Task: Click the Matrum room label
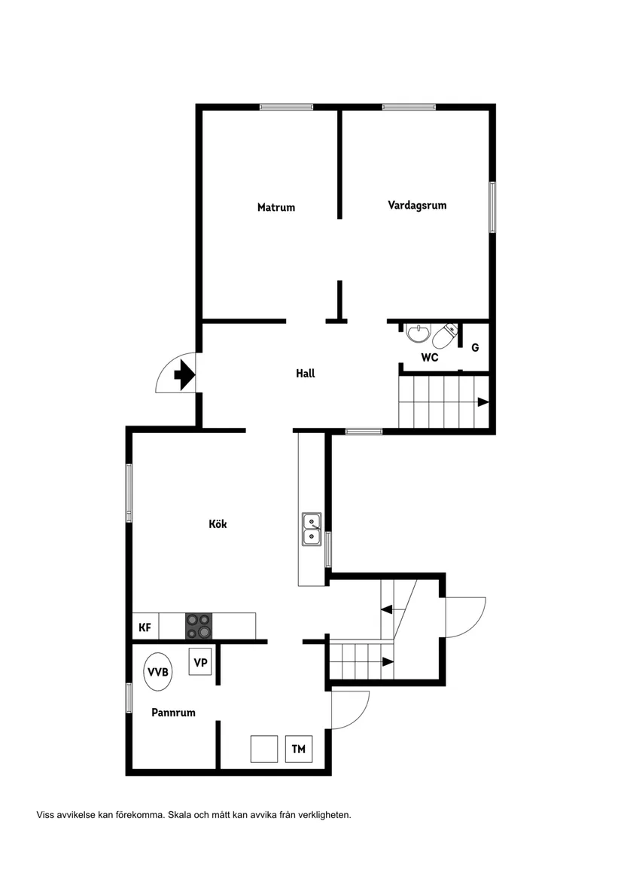[x=275, y=207]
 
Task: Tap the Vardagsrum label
[x=417, y=205]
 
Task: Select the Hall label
[x=306, y=374]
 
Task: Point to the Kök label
[x=218, y=524]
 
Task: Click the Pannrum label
[x=173, y=713]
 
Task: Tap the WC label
[x=429, y=357]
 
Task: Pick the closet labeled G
[x=475, y=347]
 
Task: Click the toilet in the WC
[x=446, y=335]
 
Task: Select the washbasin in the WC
[x=418, y=334]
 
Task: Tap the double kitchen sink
[x=312, y=530]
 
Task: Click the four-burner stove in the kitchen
[x=199, y=626]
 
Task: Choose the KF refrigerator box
[x=145, y=627]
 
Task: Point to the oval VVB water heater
[x=158, y=672]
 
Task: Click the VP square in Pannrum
[x=200, y=662]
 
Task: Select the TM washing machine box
[x=299, y=749]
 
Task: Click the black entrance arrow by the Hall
[x=184, y=374]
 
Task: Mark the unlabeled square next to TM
[x=264, y=749]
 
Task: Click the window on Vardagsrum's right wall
[x=492, y=207]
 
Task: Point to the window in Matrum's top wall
[x=286, y=107]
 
